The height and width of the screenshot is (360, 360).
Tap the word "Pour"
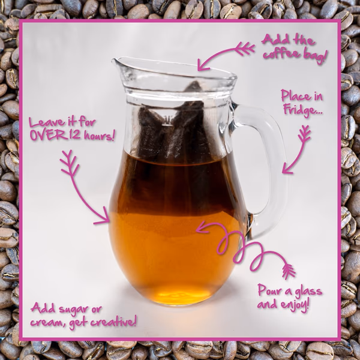[269, 290]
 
